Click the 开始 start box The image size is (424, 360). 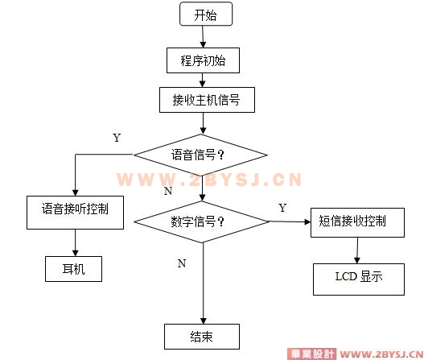pyautogui.click(x=206, y=14)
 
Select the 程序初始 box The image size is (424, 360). pyautogui.click(x=203, y=60)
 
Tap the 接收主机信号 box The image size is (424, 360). pyautogui.click(x=207, y=100)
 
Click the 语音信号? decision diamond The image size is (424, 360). pyautogui.click(x=200, y=155)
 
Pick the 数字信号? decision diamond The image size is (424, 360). pyautogui.click(x=201, y=222)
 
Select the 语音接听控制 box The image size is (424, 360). pyautogui.click(x=75, y=213)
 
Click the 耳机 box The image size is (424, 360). pyautogui.click(x=73, y=269)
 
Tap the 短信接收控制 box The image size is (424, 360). pyautogui.click(x=357, y=223)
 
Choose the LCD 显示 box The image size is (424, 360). pyautogui.click(x=359, y=279)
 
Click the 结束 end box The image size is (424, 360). pyautogui.click(x=202, y=337)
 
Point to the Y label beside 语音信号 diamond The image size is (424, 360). pyautogui.click(x=117, y=138)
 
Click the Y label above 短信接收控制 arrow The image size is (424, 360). pyautogui.click(x=282, y=208)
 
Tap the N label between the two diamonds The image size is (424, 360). pyautogui.click(x=168, y=191)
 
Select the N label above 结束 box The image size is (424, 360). pyautogui.click(x=182, y=263)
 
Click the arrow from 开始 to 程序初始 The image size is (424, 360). pyautogui.click(x=203, y=37)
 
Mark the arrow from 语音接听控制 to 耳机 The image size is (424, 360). pyautogui.click(x=75, y=242)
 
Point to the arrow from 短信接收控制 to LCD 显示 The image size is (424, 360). pyautogui.click(x=357, y=250)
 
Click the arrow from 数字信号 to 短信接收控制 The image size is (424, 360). pyautogui.click(x=290, y=222)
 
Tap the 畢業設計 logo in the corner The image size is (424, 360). pyautogui.click(x=311, y=354)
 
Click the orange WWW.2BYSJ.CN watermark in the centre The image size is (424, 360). pyautogui.click(x=209, y=180)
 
